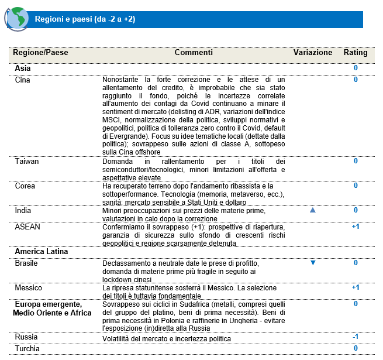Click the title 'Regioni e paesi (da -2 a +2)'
click(x=85, y=19)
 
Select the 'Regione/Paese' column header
click(x=40, y=53)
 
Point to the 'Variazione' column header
click(x=313, y=53)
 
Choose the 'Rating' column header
click(x=356, y=53)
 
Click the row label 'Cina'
click(x=23, y=79)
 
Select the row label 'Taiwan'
click(x=26, y=160)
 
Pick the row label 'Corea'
click(x=25, y=186)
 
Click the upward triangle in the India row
click(x=313, y=210)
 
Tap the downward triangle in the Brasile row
click(x=313, y=263)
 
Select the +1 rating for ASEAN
click(x=356, y=226)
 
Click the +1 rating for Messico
click(x=356, y=287)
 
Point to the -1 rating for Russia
click(x=356, y=337)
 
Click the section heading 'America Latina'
click(x=42, y=252)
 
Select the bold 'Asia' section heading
click(x=23, y=68)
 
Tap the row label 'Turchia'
click(x=27, y=349)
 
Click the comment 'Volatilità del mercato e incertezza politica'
click(x=167, y=339)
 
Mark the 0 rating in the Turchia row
click(x=356, y=349)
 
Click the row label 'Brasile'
click(x=27, y=263)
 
